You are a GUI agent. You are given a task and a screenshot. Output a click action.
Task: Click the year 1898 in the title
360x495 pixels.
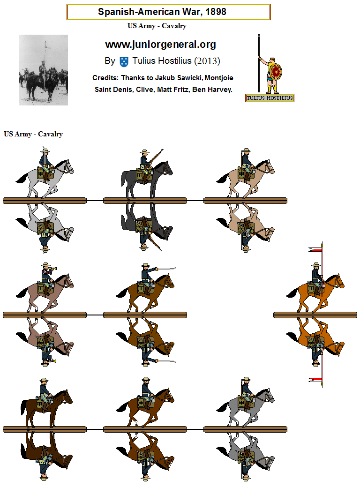pyautogui.click(x=214, y=12)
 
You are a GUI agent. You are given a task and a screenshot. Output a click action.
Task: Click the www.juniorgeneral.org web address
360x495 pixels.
pyautogui.click(x=160, y=45)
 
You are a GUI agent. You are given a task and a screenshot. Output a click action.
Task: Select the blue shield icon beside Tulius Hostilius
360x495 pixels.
pyautogui.click(x=124, y=61)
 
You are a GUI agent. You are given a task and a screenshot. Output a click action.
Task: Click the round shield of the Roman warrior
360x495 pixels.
pyautogui.click(x=276, y=72)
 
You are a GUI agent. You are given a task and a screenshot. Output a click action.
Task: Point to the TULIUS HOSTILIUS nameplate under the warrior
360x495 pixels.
pyautogui.click(x=270, y=98)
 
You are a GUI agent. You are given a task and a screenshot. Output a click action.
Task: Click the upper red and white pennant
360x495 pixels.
pyautogui.click(x=316, y=249)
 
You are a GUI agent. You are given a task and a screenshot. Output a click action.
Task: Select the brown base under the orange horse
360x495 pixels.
pyautogui.click(x=315, y=315)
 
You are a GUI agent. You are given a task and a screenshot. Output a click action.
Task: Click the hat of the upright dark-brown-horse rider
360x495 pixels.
pyautogui.click(x=44, y=380)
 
